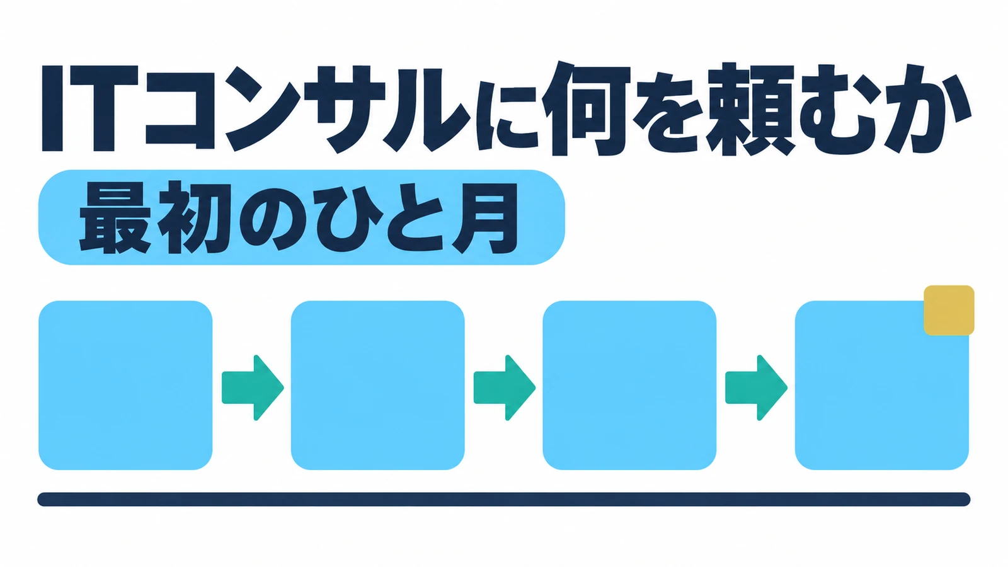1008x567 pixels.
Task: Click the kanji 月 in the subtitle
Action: point(484,219)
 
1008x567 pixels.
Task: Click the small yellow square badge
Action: point(949,310)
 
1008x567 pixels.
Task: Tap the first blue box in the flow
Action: point(125,385)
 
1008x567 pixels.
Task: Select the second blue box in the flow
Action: point(377,385)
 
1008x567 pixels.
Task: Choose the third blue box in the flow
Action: point(629,385)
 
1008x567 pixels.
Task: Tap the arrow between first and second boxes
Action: point(253,387)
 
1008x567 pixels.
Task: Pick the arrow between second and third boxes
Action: point(505,387)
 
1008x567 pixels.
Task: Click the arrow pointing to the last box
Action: point(756,387)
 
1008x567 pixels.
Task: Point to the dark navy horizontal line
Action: point(503,500)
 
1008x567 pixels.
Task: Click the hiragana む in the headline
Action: point(839,110)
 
